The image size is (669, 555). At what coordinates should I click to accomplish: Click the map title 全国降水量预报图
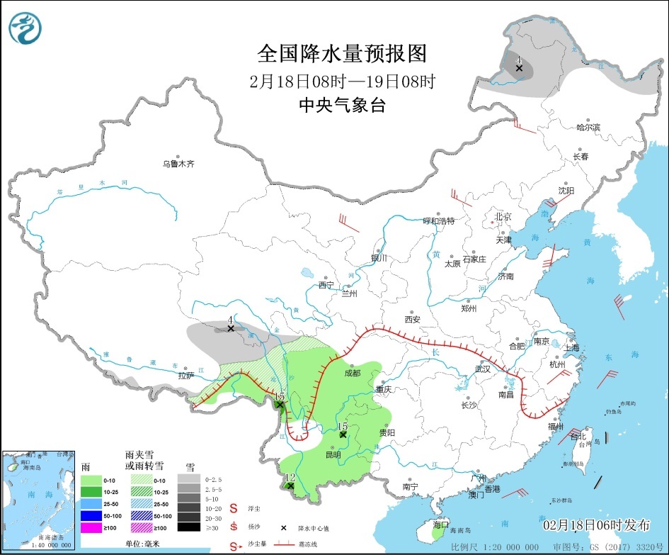(342, 54)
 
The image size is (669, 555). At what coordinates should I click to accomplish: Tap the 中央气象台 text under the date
(342, 106)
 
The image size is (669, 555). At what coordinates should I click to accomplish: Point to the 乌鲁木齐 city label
(178, 164)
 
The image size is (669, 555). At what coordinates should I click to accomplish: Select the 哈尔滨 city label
(588, 128)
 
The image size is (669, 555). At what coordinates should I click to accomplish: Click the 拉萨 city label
(185, 376)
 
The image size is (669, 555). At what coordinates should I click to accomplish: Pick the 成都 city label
(352, 373)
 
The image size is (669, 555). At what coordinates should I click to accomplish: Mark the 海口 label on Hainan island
(440, 525)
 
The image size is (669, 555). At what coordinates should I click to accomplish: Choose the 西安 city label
(412, 320)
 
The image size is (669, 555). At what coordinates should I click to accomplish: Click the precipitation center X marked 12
(290, 486)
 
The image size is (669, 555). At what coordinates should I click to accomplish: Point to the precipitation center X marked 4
(231, 328)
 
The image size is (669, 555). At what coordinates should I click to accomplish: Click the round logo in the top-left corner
(25, 28)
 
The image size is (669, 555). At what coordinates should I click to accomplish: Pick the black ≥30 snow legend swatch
(188, 527)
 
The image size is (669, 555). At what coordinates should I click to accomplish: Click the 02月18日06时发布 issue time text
(596, 525)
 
